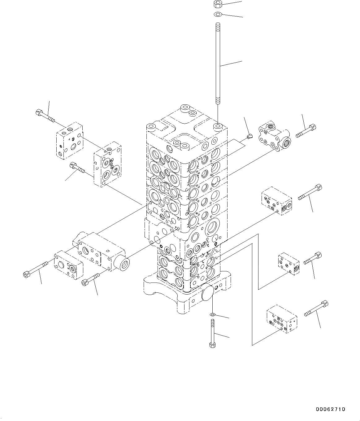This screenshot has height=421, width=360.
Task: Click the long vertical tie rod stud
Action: pos(218,63)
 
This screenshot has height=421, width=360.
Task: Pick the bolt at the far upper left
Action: pos(45,116)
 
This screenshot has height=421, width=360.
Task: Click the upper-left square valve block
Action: pos(70,141)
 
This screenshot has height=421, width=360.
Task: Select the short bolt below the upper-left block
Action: pos(77,167)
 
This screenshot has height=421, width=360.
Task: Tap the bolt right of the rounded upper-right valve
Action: pos(306,131)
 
